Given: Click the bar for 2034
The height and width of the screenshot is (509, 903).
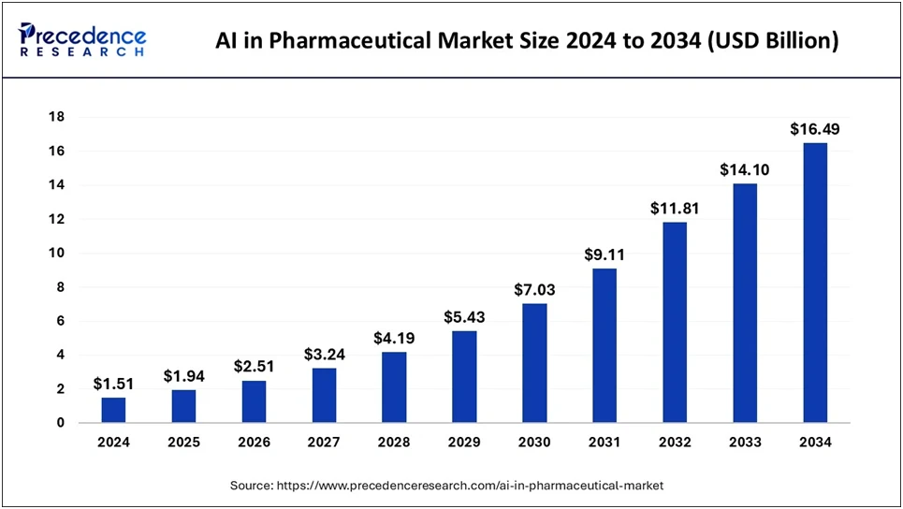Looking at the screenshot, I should coord(815,283).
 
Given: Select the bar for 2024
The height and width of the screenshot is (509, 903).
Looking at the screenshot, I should coord(113,410).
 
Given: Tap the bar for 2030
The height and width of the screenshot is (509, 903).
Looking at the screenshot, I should coord(534,363).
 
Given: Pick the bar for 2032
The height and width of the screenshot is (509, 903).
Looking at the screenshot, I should coord(675,322).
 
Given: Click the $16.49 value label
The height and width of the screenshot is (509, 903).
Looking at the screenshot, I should coord(815,129).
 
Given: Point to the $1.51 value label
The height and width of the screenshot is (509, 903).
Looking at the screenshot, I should coord(113,384).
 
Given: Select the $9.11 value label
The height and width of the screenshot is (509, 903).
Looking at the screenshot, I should coord(604,254).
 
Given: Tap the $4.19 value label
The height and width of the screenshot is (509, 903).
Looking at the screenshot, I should coord(394,338).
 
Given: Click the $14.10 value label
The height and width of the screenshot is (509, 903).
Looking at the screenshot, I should coord(745,170).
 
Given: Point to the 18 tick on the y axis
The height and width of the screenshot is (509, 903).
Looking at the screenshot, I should coord(57,117).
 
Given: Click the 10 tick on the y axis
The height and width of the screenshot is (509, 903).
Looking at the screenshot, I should coord(57,253).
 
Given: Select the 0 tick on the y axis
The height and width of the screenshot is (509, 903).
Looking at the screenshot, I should coord(60,423).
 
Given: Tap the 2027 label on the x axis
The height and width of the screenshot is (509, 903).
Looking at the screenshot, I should coord(324,443).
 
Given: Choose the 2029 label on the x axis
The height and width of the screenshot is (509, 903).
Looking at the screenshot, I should coord(464,443).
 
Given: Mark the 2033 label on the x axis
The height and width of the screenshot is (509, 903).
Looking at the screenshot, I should coord(745,443).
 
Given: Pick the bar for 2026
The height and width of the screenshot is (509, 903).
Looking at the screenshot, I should coord(254,401).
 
